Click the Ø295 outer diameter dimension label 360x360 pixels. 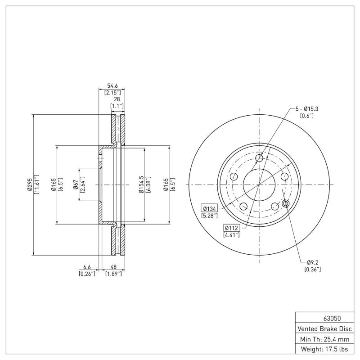pyautogui.click(x=30, y=184)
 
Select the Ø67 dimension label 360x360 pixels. pyautogui.click(x=75, y=184)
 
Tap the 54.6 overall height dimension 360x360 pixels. pyautogui.click(x=112, y=85)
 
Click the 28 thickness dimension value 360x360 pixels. pyautogui.click(x=117, y=99)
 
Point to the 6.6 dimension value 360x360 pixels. pyautogui.click(x=87, y=266)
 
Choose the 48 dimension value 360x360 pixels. pyautogui.click(x=113, y=266)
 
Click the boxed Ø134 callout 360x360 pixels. pyautogui.click(x=210, y=208)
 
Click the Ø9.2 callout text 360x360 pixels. pyautogui.click(x=312, y=262)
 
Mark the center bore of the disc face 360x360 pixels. pyautogui.click(x=259, y=184)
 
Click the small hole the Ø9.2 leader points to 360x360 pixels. pyautogui.click(x=285, y=204)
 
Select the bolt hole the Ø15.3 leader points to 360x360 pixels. pyautogui.click(x=259, y=158)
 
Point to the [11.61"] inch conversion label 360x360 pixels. pyautogui.click(x=37, y=184)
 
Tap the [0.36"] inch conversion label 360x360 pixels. pyautogui.click(x=312, y=269)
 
